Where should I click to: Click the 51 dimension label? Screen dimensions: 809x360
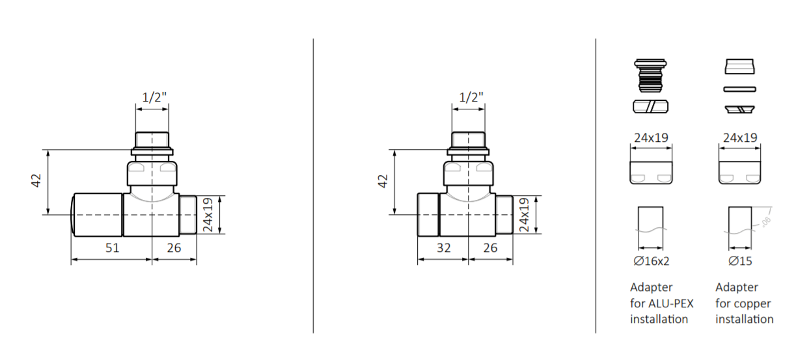(112, 247)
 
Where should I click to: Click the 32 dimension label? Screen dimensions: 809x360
(443, 247)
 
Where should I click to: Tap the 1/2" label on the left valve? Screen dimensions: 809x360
(154, 97)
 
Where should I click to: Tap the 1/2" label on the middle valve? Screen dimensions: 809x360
(471, 97)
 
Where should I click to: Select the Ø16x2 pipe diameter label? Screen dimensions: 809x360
(651, 260)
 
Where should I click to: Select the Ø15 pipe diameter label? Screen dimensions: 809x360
(740, 260)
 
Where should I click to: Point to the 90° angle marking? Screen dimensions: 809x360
(765, 221)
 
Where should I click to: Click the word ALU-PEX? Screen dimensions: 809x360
(670, 303)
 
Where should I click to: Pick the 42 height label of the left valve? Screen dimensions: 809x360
(36, 180)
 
